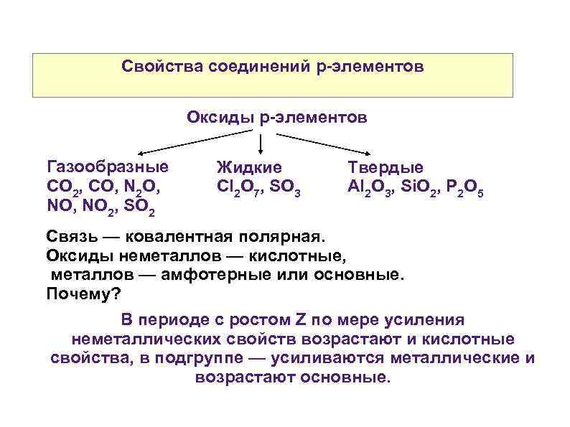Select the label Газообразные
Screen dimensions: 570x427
[108, 167]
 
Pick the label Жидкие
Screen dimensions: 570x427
[249, 168]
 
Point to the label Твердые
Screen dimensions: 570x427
[386, 167]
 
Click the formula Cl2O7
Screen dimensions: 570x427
[240, 188]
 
